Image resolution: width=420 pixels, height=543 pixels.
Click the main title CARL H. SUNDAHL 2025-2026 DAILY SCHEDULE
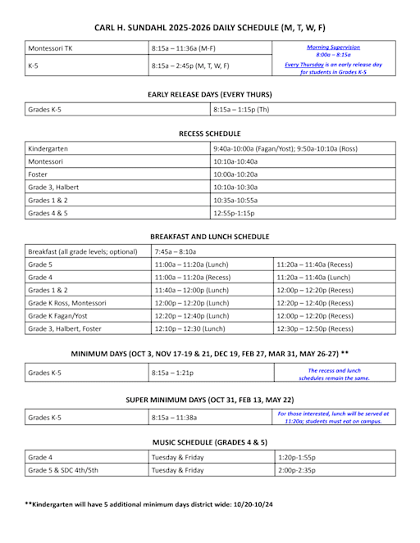click(x=209, y=28)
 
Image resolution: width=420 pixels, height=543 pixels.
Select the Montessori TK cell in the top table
click(x=51, y=48)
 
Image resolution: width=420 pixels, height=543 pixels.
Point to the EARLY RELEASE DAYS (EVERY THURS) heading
click(x=209, y=95)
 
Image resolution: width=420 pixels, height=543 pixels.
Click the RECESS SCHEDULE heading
click(x=209, y=133)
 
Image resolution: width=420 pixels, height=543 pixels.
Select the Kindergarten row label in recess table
click(x=48, y=149)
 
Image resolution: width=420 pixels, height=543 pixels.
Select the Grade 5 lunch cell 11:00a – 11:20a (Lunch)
click(x=191, y=265)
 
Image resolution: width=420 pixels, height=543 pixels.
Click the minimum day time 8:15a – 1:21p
click(x=174, y=373)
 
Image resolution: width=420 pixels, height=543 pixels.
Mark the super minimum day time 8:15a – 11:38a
click(x=176, y=418)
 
